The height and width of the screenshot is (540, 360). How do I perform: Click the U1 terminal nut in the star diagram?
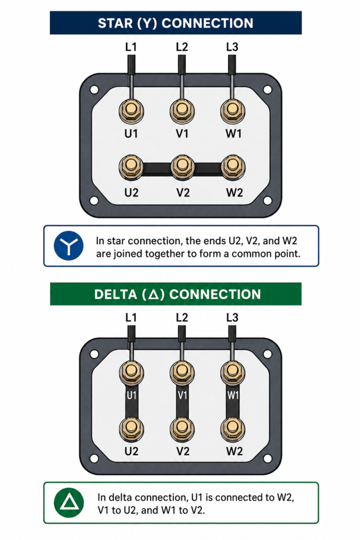(x=131, y=111)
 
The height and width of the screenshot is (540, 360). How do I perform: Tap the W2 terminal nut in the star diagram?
(x=233, y=167)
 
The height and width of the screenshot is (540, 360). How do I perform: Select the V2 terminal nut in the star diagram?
(x=182, y=167)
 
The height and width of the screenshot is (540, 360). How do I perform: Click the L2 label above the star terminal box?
(x=182, y=47)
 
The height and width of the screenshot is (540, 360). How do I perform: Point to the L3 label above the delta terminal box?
(x=232, y=317)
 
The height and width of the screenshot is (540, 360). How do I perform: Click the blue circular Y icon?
(x=69, y=246)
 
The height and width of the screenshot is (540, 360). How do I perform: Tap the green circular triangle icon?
(x=69, y=503)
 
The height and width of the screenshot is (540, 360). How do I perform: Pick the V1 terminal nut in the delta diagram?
(x=182, y=372)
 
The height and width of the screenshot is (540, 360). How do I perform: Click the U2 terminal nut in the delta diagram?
(x=131, y=429)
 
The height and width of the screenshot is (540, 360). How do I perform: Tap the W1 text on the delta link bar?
(x=233, y=395)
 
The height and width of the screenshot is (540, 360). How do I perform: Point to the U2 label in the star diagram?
(x=131, y=192)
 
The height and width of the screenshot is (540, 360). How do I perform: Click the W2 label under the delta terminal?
(x=235, y=451)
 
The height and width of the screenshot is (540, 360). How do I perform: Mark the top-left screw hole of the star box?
(x=94, y=90)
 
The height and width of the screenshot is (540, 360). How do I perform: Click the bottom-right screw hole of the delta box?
(x=267, y=458)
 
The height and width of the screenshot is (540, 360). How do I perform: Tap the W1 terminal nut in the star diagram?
(x=233, y=111)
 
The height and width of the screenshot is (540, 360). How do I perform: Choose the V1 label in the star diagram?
(x=182, y=133)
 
